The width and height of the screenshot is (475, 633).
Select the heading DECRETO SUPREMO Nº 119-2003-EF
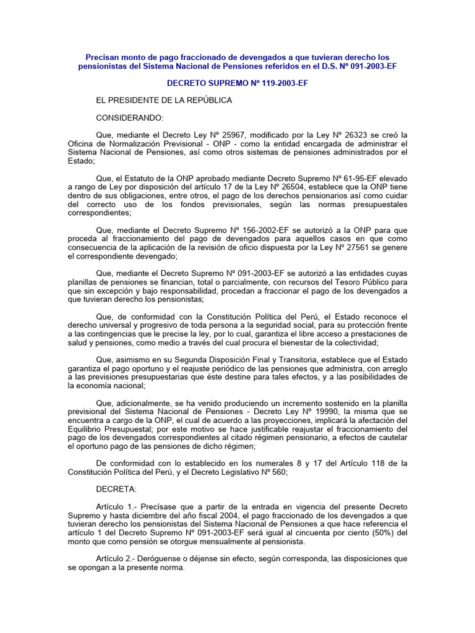click(237, 83)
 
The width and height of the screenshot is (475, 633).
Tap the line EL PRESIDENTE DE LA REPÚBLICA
click(164, 100)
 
